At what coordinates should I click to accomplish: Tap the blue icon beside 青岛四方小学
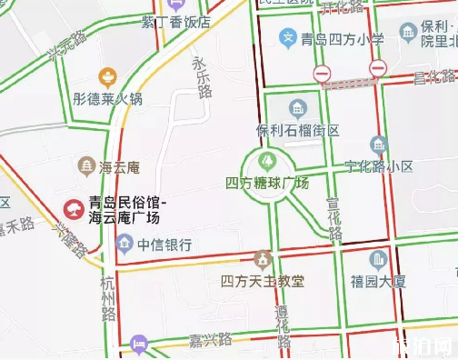tap(288, 38)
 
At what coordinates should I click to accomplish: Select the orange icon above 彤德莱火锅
tap(107, 75)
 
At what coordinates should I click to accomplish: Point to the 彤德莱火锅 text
tap(108, 98)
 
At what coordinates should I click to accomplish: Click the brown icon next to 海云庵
tap(86, 165)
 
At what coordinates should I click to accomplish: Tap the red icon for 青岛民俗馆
tap(72, 210)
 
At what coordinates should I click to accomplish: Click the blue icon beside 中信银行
tap(124, 244)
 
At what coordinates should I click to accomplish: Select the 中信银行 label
tap(164, 244)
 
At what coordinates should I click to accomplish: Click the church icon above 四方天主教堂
tap(264, 259)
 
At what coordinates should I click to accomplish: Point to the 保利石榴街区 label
tap(298, 130)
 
